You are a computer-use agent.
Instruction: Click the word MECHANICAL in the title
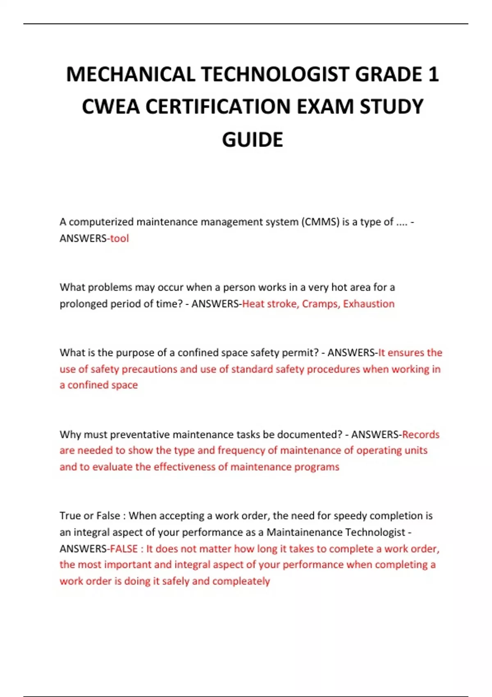(130, 75)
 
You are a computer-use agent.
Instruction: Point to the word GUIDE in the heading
(253, 140)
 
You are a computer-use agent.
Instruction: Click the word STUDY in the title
(392, 107)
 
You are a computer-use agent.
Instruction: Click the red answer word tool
(119, 238)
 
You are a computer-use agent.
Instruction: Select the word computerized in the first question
(101, 222)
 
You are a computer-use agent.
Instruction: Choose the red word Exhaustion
(369, 304)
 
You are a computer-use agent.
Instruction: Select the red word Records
(421, 434)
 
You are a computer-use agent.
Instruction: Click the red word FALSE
(124, 549)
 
